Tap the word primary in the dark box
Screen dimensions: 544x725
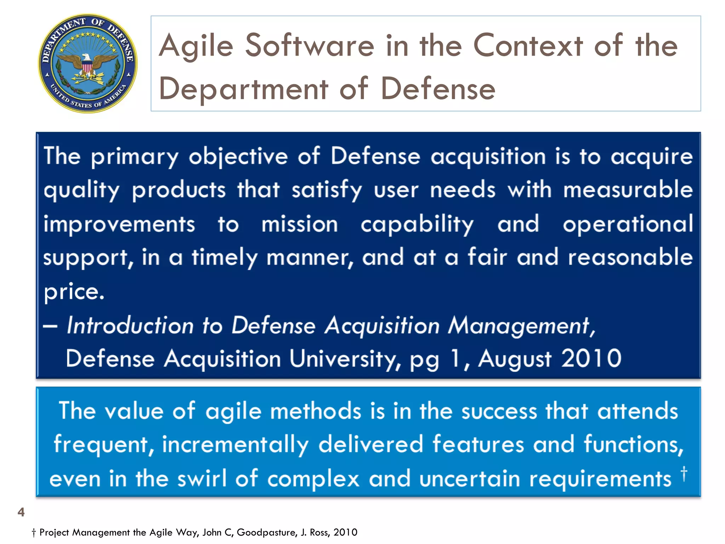point(135,157)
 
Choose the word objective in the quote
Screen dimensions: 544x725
point(238,157)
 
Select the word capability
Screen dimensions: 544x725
point(417,225)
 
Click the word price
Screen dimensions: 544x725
point(74,292)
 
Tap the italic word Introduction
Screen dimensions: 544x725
point(130,325)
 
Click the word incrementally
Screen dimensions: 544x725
point(235,444)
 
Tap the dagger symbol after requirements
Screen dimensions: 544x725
point(684,474)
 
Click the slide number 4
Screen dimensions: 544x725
point(21,512)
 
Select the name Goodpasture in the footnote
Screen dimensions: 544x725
point(267,532)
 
